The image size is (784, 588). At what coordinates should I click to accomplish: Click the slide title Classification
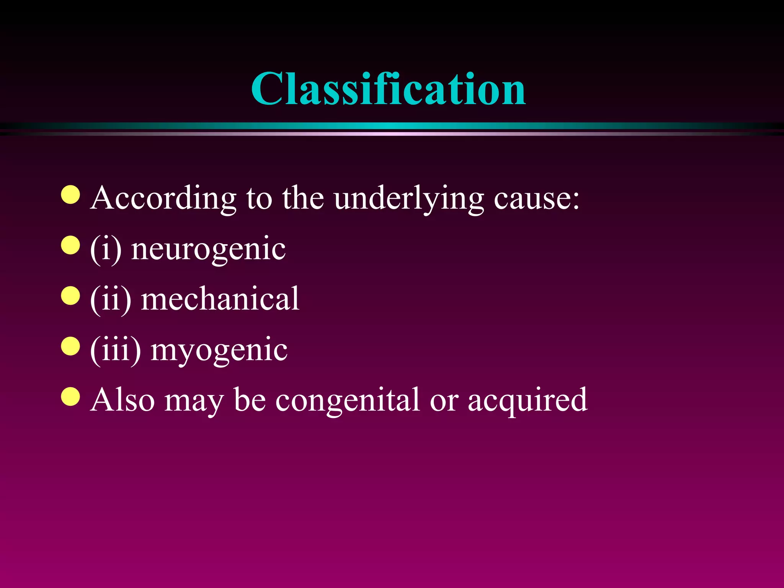[x=388, y=89]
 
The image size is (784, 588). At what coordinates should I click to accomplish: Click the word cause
[x=536, y=199]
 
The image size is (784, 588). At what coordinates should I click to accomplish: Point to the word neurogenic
[x=208, y=249]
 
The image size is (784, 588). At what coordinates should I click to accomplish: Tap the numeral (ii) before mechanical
[x=111, y=299]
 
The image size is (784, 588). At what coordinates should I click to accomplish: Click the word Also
[x=122, y=400]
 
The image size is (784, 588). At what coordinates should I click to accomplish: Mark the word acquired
[x=528, y=400]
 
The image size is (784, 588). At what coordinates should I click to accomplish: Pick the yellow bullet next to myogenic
[x=70, y=346]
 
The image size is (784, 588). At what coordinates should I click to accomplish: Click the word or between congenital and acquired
[x=444, y=400]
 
